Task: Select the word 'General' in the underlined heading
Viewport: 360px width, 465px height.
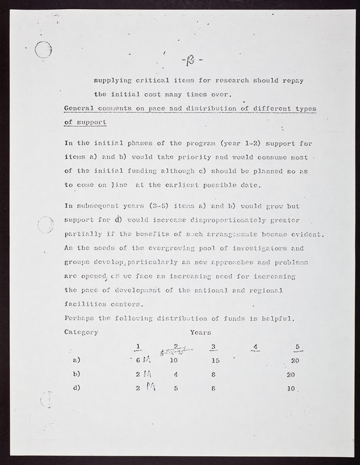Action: pos(80,109)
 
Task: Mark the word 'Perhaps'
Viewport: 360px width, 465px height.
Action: pos(78,319)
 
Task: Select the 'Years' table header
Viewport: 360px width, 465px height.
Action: pos(200,332)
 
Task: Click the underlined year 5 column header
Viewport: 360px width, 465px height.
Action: pos(297,348)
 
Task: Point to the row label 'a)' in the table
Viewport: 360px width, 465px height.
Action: pos(77,361)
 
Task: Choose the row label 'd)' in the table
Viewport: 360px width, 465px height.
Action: pos(77,388)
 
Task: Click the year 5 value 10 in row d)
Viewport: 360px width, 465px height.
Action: pos(291,388)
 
